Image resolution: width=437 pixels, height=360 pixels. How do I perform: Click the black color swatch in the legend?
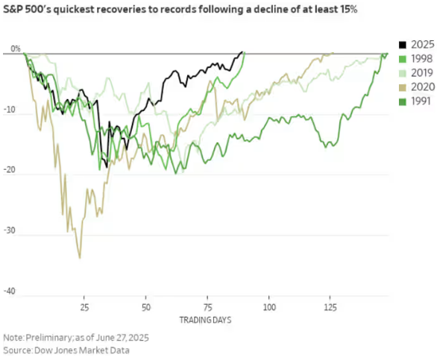pos(401,45)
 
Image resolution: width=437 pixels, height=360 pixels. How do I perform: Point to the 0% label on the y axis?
pos(15,49)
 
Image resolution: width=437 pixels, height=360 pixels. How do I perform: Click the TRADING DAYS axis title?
pos(205,320)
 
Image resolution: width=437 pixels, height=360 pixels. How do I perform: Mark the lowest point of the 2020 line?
pos(80,258)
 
